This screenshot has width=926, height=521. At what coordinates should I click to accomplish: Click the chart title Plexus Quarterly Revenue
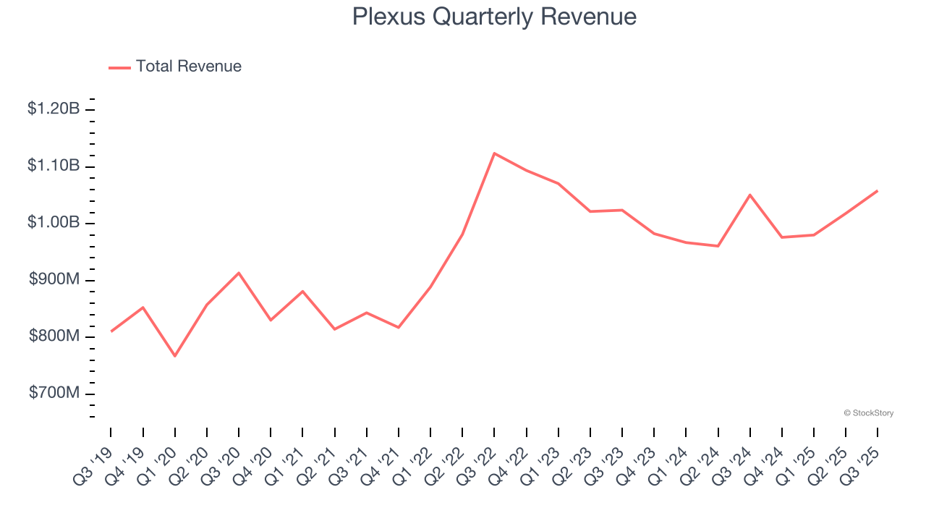pos(494,17)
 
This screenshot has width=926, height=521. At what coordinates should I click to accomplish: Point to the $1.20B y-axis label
pos(54,109)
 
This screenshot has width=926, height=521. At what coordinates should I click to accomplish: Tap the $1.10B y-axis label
pos(54,166)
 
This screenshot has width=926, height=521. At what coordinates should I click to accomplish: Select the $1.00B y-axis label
pos(54,223)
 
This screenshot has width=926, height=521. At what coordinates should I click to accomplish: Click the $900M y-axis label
pos(54,280)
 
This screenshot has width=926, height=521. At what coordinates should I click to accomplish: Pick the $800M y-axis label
pos(54,336)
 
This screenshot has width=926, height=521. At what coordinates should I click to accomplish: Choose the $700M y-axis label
pos(54,393)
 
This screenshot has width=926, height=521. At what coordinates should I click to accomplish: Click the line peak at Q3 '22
pos(494,153)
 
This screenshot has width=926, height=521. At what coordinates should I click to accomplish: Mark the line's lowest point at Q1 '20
pos(174,356)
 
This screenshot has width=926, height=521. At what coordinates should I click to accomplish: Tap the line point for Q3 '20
pos(239,273)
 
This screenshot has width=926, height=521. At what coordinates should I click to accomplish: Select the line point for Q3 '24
pos(750,195)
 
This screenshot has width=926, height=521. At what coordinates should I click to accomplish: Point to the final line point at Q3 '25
pos(878,191)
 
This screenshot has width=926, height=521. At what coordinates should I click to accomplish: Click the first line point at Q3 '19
pos(111,331)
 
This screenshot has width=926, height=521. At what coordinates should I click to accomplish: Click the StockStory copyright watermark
pos(868,413)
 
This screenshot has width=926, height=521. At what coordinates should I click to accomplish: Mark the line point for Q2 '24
pos(718,246)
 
